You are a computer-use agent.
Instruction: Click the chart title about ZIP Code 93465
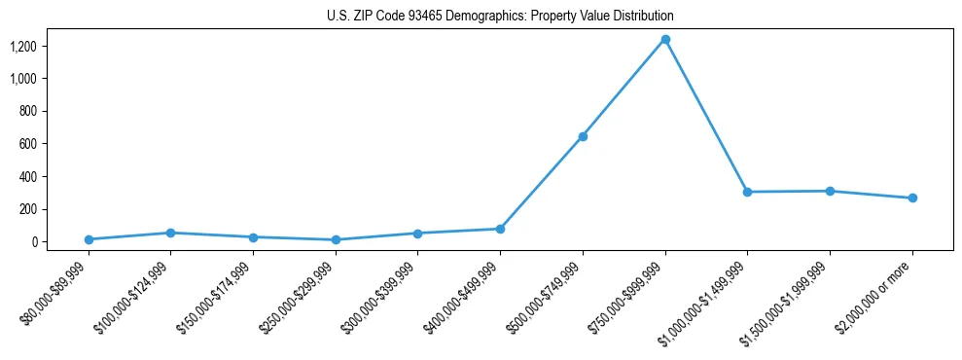pos(500,16)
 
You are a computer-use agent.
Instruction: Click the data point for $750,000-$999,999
pos(665,39)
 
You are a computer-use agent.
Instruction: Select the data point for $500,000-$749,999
pos(583,136)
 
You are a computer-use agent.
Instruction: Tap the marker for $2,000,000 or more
pos(912,198)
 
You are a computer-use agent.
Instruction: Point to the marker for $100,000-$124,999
pos(170,233)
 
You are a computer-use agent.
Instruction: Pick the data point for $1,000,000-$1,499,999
pos(747,192)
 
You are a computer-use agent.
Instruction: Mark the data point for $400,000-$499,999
pos(500,229)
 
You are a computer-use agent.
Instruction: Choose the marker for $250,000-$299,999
pos(336,239)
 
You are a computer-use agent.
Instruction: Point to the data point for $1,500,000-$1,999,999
pos(830,191)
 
